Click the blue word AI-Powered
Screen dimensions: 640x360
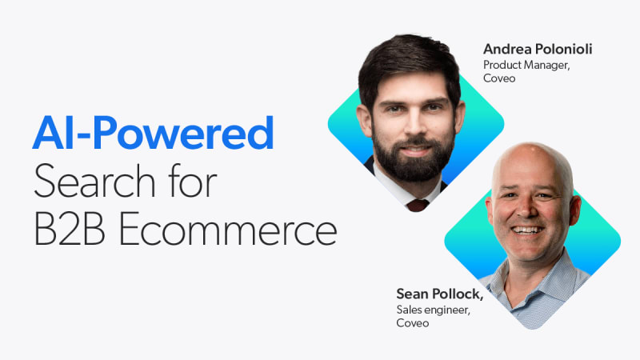coord(153,133)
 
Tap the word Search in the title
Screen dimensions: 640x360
coord(94,181)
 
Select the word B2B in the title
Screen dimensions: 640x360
coord(70,229)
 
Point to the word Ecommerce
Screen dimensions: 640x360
coord(228,229)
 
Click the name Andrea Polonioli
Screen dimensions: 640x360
coord(538,49)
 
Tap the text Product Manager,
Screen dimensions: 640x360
coord(526,65)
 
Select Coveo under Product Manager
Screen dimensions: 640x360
coord(499,78)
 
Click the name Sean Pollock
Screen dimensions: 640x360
coord(439,294)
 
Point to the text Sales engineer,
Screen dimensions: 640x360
coord(433,310)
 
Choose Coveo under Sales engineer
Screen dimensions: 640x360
coord(412,323)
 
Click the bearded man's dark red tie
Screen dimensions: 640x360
coord(418,205)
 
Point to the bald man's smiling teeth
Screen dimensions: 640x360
coord(527,230)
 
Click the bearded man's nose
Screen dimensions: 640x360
coord(415,125)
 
